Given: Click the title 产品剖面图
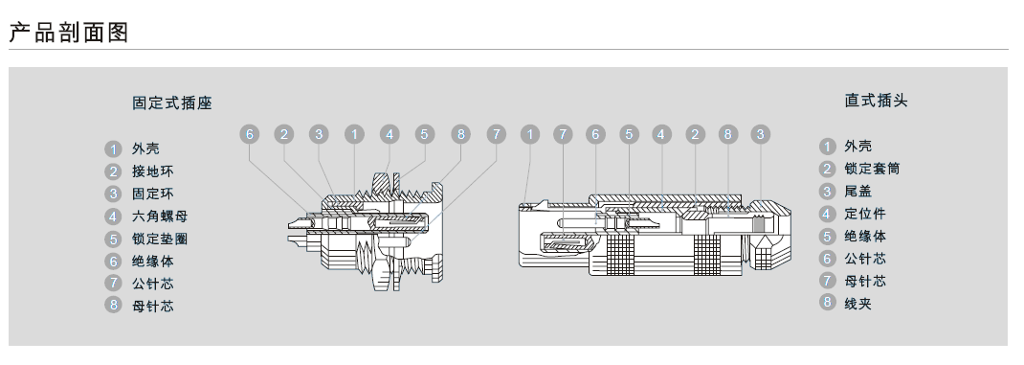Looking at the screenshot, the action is (69, 32).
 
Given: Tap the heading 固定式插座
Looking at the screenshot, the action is (172, 103).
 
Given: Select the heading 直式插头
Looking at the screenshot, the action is (877, 101).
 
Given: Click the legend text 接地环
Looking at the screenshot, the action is (153, 171).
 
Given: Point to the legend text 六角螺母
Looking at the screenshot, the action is (160, 217).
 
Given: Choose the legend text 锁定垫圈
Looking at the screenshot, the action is (160, 239).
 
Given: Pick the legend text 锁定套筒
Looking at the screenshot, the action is (872, 169).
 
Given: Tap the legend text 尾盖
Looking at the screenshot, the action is (858, 192).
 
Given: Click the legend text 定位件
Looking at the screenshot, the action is (865, 214).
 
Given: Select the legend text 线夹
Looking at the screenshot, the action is (858, 304).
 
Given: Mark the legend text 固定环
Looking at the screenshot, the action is (153, 194).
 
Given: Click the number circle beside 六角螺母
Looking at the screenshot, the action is (114, 217).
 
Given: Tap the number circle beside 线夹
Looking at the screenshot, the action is (828, 302).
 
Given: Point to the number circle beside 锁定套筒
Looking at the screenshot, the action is (828, 169).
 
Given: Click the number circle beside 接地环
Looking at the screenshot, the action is (114, 171).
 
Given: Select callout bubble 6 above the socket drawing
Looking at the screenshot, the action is (250, 135).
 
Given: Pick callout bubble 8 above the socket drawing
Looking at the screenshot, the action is (460, 135).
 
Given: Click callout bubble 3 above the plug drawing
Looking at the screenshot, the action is (760, 135).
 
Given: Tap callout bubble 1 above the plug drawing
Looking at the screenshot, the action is (530, 135).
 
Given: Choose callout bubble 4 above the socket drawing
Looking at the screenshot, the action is (390, 135).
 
